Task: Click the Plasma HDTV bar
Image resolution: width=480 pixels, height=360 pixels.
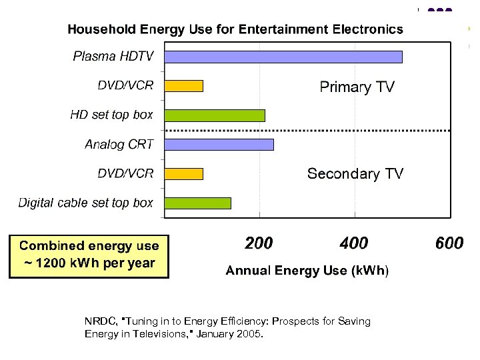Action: pos(283,57)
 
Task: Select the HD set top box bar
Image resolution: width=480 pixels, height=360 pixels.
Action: pos(215,115)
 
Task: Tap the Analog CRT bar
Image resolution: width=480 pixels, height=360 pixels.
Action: pos(219,145)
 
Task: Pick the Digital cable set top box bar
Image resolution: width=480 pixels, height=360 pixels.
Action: pos(197,203)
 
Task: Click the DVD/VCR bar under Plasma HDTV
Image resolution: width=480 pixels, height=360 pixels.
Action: pos(183,86)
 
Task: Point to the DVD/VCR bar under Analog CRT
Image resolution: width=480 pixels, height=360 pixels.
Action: pos(183,174)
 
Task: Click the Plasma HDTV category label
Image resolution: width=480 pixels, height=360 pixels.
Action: pos(113,56)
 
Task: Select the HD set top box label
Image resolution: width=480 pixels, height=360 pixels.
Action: pos(111,115)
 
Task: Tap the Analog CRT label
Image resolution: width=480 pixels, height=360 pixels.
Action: pos(119,144)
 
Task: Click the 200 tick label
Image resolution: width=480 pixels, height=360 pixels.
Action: pos(259,243)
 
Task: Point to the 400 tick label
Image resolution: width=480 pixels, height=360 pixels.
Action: pos(353,243)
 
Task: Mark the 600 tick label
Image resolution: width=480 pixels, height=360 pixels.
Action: pos(449,243)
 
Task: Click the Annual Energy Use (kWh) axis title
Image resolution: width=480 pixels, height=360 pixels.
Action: pos(306,271)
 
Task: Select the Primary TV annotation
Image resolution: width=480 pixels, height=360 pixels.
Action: pos(357,87)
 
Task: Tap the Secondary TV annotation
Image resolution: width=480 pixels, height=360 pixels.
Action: pos(355,174)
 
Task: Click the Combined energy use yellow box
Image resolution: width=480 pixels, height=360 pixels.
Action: pos(89,255)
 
